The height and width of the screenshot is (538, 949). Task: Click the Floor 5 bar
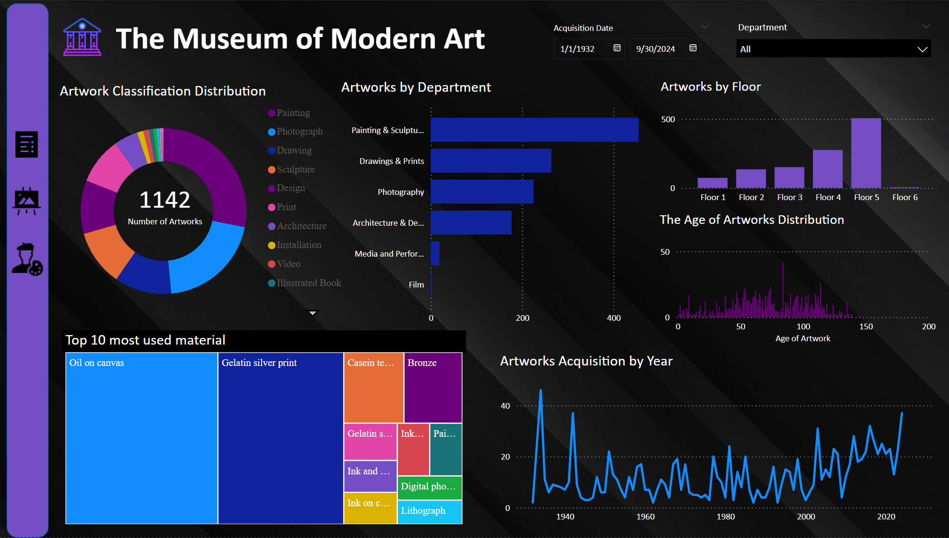[866, 153]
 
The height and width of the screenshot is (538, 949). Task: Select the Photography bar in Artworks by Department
[482, 192]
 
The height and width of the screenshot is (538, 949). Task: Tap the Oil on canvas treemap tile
[141, 438]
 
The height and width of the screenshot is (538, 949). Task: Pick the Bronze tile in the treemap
[433, 387]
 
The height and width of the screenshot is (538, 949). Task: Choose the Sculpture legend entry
[295, 169]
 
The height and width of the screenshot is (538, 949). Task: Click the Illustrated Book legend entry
[309, 283]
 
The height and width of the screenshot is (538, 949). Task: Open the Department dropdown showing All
[833, 49]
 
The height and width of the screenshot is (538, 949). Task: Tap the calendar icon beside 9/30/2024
[693, 48]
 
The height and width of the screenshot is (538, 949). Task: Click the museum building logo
[82, 38]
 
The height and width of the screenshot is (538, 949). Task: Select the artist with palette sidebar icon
[27, 259]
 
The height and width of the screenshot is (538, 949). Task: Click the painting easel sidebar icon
[27, 201]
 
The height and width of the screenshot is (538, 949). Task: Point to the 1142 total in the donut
[165, 200]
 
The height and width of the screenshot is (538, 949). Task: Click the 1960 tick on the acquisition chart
[645, 517]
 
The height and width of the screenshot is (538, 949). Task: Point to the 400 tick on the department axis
[613, 318]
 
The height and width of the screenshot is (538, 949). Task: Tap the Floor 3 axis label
[789, 197]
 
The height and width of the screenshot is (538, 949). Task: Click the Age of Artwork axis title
[803, 338]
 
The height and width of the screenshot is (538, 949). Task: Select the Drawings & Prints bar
[491, 161]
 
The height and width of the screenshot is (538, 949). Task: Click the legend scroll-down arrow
[312, 313]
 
